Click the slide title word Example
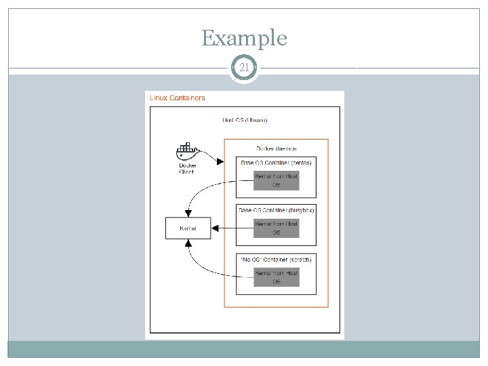tap(244, 38)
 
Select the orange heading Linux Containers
tap(177, 98)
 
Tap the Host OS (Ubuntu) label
tap(245, 121)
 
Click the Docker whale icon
tap(186, 150)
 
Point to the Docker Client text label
tap(186, 168)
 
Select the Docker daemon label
tap(275, 148)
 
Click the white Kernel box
tap(188, 228)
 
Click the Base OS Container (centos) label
tap(275, 163)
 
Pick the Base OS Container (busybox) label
tap(276, 210)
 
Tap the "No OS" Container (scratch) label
tap(275, 259)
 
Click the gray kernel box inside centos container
tap(276, 180)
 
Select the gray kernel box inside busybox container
tap(276, 228)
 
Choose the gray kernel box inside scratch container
tap(276, 277)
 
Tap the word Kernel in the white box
tap(188, 228)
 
